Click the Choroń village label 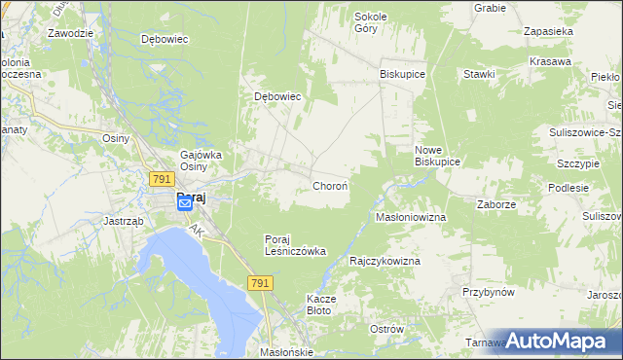coord(330,185)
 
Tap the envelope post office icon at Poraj coord(185,204)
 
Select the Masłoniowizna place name coord(411,217)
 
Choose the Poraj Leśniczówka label coord(295,245)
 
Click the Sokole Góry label coord(371,22)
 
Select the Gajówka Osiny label coord(202,161)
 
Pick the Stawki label coord(480,74)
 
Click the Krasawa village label coord(550,61)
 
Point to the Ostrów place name coord(386,329)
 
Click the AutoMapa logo coord(554,341)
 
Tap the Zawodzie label coord(69,32)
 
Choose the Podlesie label coord(568,188)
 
